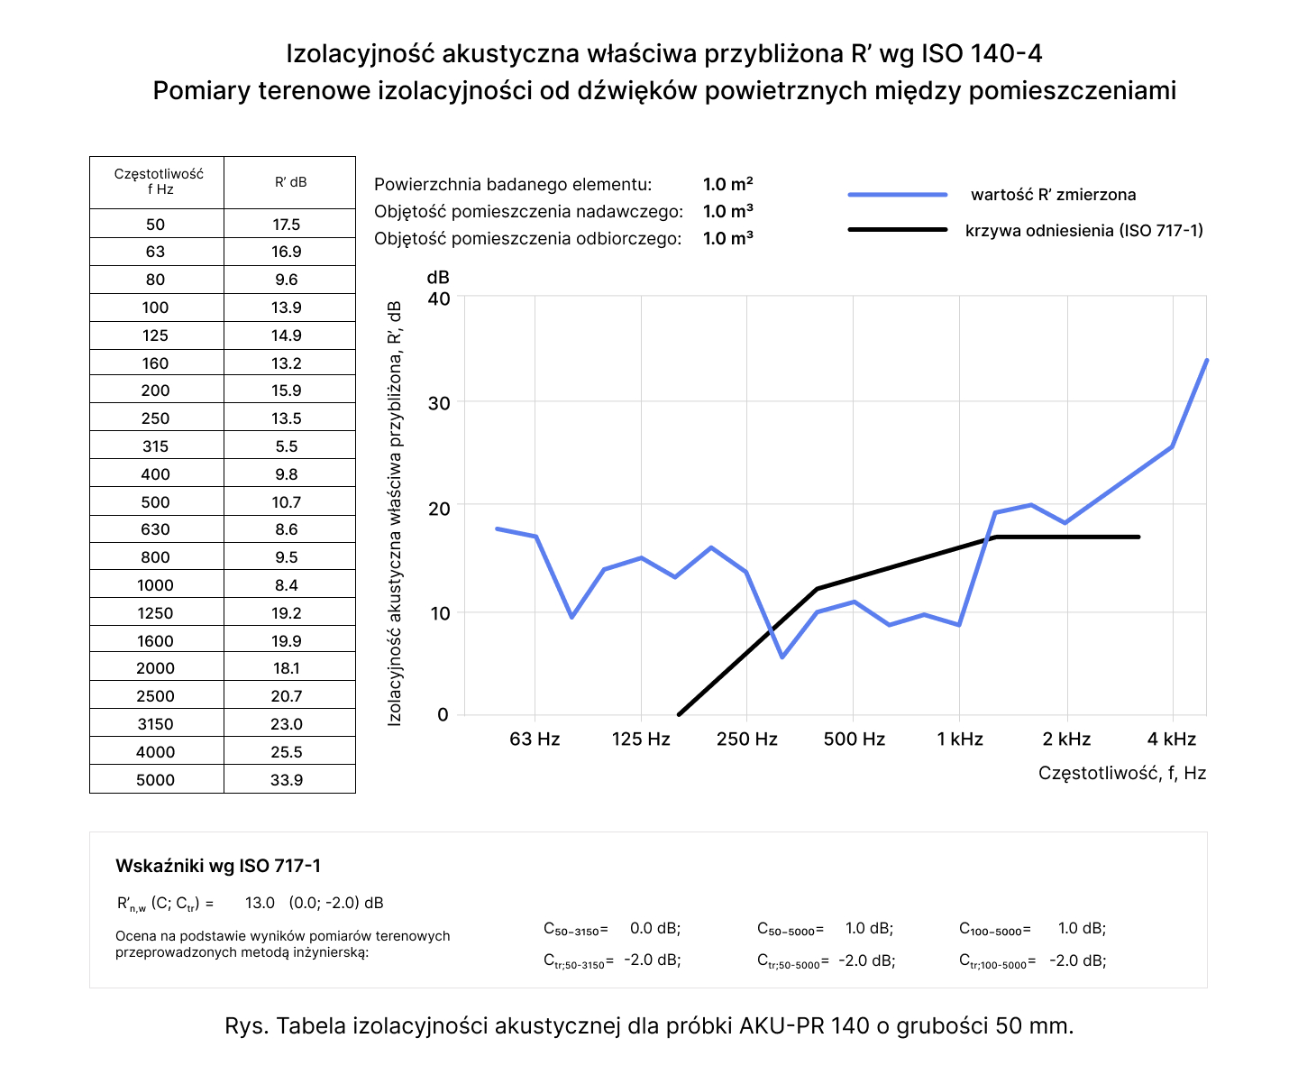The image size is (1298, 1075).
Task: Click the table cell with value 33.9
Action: [x=287, y=779]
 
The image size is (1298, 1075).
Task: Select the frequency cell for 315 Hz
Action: [x=155, y=446]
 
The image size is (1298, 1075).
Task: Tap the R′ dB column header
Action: [x=290, y=182]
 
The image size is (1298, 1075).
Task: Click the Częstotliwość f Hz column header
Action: [x=158, y=181]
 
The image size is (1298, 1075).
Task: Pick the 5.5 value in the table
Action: [x=287, y=446]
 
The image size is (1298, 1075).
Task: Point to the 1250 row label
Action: [x=155, y=613]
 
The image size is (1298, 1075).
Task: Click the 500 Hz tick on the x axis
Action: [x=854, y=740]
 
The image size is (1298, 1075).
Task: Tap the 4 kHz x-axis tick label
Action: [x=1172, y=740]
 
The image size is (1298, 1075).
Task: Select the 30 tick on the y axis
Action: [x=439, y=403]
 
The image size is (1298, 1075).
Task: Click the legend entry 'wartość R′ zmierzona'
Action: [x=1053, y=195]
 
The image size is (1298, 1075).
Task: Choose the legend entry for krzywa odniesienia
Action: [x=1083, y=230]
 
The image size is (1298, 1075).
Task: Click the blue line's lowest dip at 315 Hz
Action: [x=782, y=657]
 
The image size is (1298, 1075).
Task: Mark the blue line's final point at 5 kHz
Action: [x=1206, y=361]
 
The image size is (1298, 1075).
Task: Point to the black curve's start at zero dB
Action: [x=679, y=714]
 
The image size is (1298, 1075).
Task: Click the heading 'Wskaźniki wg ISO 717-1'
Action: [x=218, y=866]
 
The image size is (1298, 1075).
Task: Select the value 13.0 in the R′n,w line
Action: [x=260, y=903]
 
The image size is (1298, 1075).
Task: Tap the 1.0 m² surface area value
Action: [x=727, y=184]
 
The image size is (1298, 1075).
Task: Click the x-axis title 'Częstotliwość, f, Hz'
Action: [x=1121, y=773]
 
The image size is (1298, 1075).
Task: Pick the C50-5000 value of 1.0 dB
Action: [x=869, y=928]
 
